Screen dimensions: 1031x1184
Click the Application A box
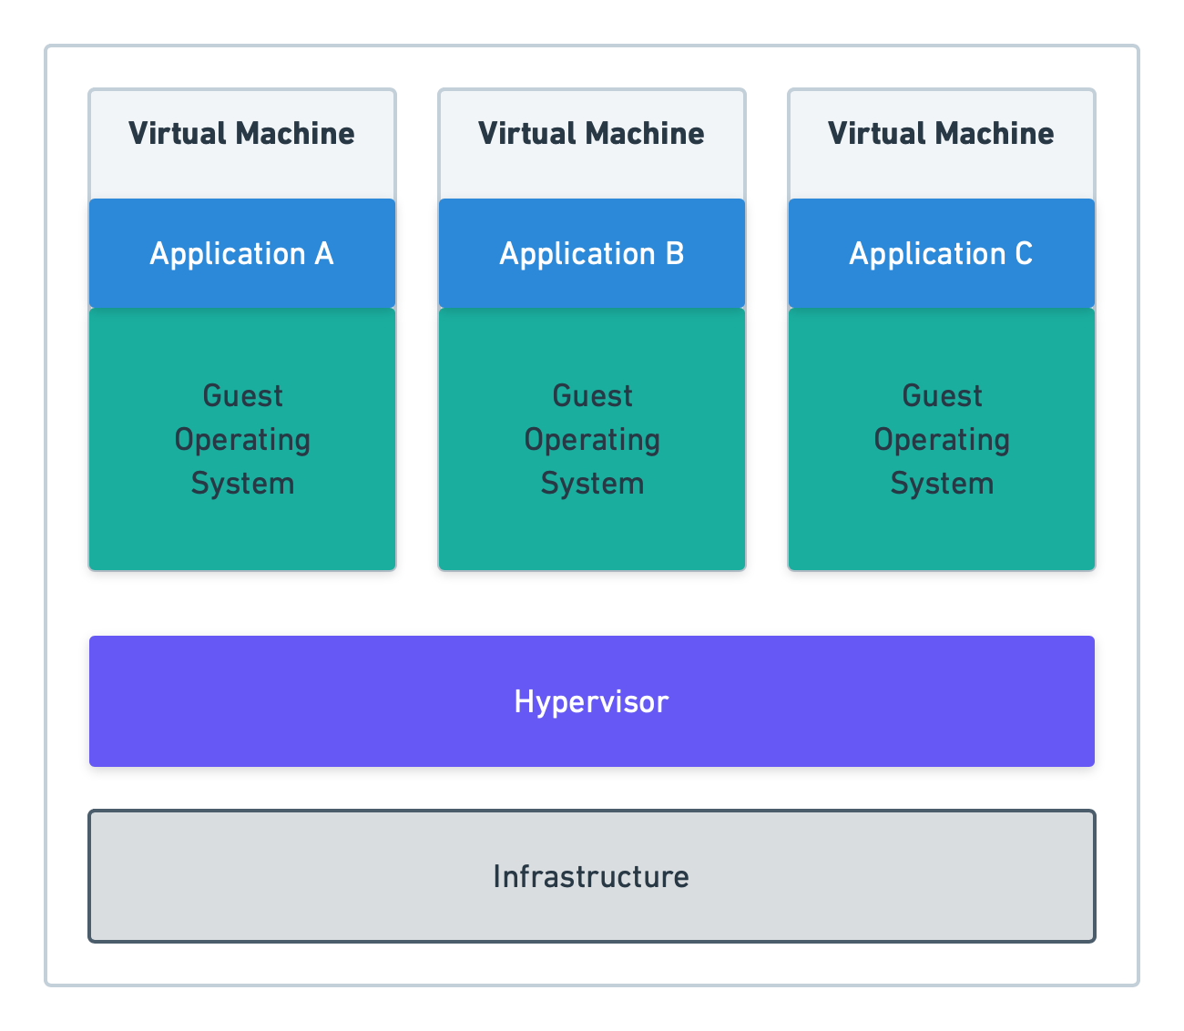click(242, 253)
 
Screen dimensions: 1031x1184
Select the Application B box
click(592, 253)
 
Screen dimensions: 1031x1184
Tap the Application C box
click(942, 253)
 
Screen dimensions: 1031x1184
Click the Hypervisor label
click(591, 702)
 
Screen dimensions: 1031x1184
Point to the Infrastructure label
click(591, 876)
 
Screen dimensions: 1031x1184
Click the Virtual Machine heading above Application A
click(241, 134)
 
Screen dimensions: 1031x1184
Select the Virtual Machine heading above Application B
click(591, 134)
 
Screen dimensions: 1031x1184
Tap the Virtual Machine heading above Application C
click(941, 134)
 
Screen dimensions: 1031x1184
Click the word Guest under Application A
click(242, 396)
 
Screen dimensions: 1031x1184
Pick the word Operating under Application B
click(592, 440)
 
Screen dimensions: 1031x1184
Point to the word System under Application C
click(942, 484)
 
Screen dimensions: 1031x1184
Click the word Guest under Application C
click(942, 396)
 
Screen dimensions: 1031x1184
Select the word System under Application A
click(242, 484)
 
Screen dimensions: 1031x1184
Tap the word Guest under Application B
click(592, 396)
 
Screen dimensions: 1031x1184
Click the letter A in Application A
click(324, 253)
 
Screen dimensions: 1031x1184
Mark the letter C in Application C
click(1024, 253)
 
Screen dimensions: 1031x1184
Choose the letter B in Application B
click(675, 253)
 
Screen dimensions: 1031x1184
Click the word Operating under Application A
click(242, 440)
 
